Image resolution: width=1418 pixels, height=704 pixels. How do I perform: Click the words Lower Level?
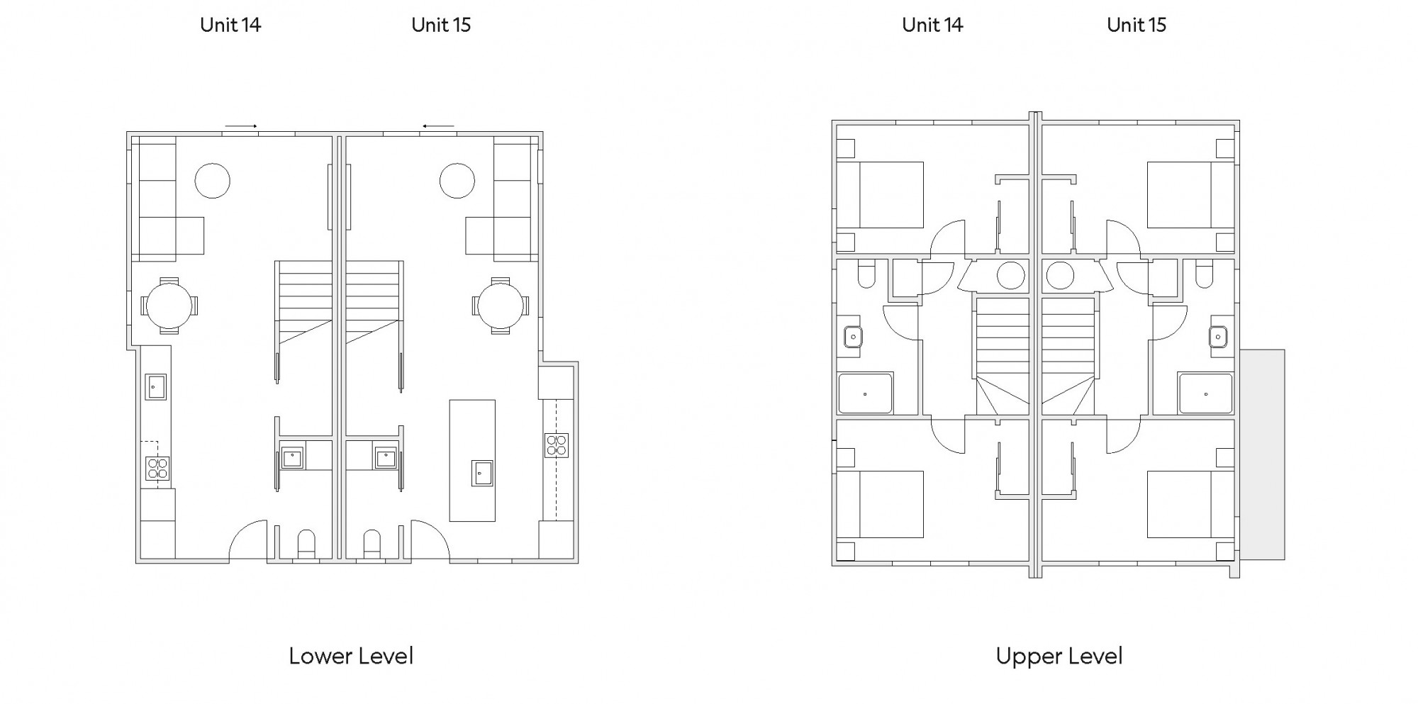pos(351,656)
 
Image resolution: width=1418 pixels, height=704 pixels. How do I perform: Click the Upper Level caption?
pos(1059,656)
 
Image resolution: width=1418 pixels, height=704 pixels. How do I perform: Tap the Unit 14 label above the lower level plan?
pos(230,25)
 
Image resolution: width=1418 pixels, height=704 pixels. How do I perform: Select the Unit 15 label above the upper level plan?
pos(1137,25)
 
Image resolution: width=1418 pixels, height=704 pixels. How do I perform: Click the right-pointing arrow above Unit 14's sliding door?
pos(241,126)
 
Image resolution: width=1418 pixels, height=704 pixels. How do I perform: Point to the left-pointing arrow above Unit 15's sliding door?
pos(438,126)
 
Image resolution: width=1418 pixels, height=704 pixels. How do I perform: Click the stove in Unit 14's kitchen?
pos(157,469)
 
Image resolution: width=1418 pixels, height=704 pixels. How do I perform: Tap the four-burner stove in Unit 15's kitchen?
pos(557,445)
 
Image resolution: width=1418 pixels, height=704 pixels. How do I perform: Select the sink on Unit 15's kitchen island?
pos(482,473)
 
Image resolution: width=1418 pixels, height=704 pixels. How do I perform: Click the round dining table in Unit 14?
pos(169,306)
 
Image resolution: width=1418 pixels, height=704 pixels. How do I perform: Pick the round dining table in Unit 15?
pos(501,306)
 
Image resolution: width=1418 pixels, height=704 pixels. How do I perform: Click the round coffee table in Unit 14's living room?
pos(213,180)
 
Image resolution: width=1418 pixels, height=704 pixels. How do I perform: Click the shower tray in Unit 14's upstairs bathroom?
pos(865,393)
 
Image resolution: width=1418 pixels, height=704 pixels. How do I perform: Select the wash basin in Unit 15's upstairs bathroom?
pos(1218,337)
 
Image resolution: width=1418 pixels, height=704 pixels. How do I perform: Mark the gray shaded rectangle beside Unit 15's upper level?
pos(1262,454)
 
